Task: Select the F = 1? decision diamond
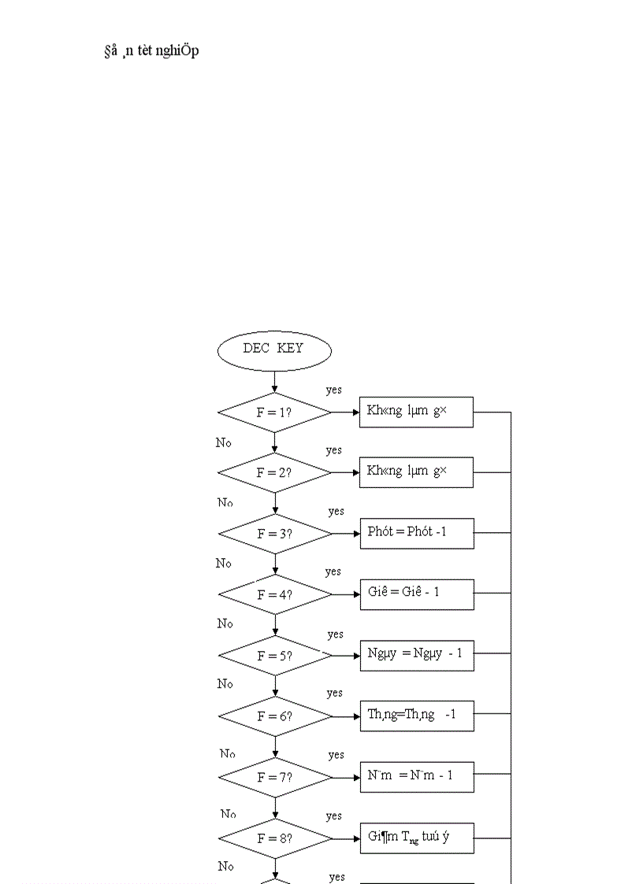274,412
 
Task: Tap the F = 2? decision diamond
274,473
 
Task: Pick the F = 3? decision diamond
275,534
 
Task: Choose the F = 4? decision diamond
275,594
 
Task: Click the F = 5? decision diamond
275,655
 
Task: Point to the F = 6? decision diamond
275,716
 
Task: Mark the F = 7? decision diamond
275,777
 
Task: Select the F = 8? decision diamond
275,838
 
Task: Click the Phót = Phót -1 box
417,533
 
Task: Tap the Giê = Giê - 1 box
417,594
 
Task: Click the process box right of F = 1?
416,412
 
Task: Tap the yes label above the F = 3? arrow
336,512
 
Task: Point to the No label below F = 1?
224,443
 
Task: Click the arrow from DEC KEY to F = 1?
274,382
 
